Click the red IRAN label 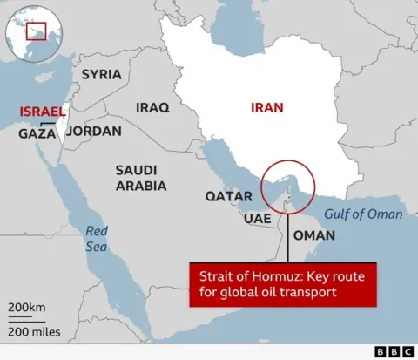point(266,109)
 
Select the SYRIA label point(101,74)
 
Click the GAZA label point(37,134)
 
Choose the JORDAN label point(93,131)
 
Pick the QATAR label point(227,196)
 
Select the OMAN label point(313,235)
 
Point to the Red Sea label point(97,239)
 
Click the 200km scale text point(27,308)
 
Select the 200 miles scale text point(34,331)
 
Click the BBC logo point(394,351)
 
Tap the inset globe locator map point(30,34)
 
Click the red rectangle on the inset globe point(36,32)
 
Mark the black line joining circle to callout point(287,235)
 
